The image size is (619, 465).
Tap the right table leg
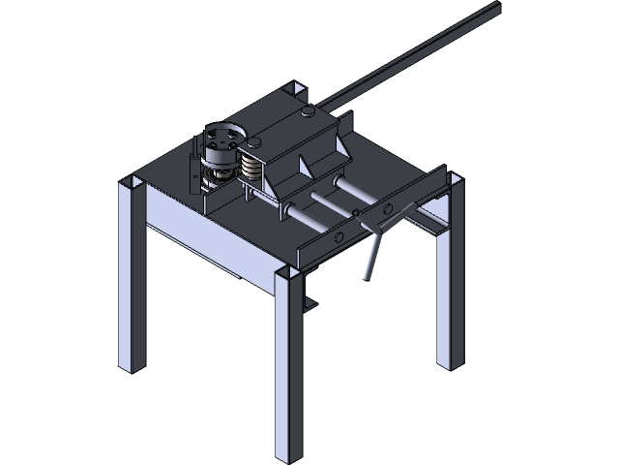click(x=449, y=291)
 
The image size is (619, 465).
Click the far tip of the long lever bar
click(x=495, y=7)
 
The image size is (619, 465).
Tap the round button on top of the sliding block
click(x=308, y=114)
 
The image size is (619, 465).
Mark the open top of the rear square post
click(x=295, y=90)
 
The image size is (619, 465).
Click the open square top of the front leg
click(x=288, y=278)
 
